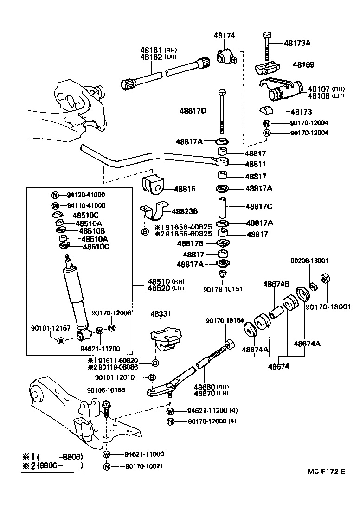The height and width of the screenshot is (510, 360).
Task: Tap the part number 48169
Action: click(303, 65)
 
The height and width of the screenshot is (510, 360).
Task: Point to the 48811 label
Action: click(256, 164)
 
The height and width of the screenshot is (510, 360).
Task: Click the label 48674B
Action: click(276, 284)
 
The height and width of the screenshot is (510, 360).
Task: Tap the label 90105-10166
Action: click(106, 390)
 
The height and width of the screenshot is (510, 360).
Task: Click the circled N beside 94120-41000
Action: click(55, 195)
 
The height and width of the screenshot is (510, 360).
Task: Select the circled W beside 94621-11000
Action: click(106, 454)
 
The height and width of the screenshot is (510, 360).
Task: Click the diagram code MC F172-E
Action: click(326, 472)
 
